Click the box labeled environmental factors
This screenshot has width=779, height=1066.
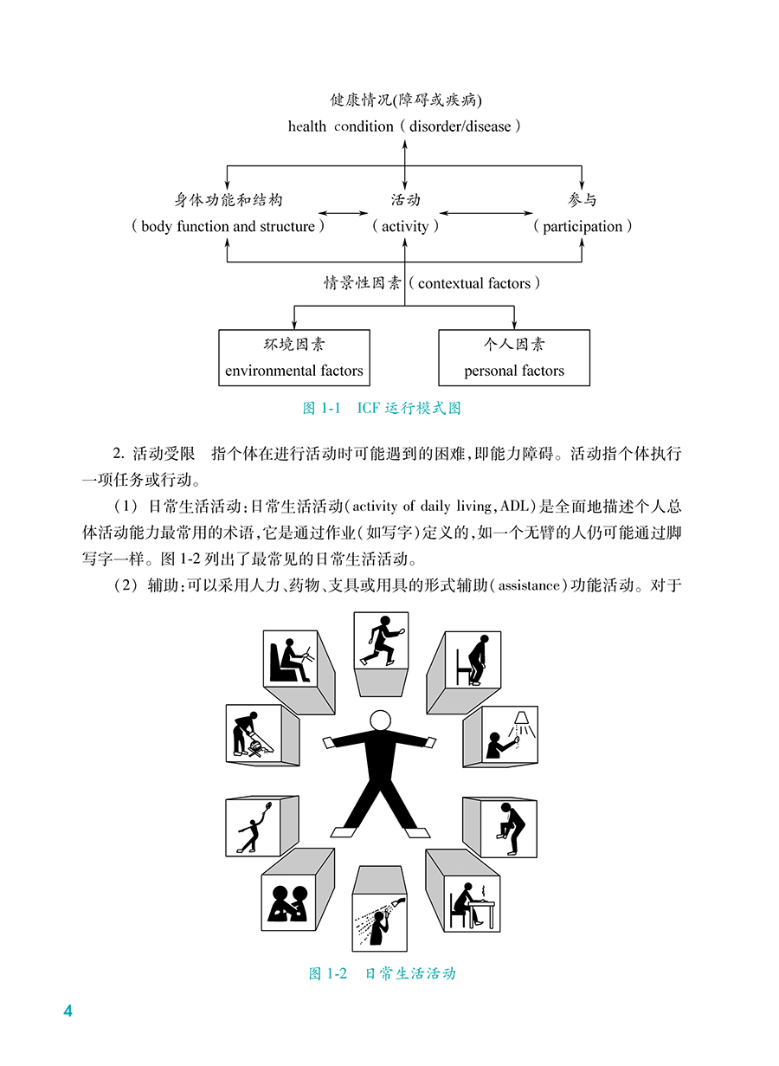coord(294,357)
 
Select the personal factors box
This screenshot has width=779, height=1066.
coord(514,357)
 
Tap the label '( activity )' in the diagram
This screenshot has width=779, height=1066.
coord(405,227)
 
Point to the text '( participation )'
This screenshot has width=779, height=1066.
coord(583,227)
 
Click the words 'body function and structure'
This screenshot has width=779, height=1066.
coord(229,227)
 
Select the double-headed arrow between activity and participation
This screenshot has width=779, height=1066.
coord(485,212)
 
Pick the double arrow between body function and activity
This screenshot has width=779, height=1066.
coord(344,212)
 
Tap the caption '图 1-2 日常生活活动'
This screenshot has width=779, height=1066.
coord(382,974)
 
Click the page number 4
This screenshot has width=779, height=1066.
coord(68,1012)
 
